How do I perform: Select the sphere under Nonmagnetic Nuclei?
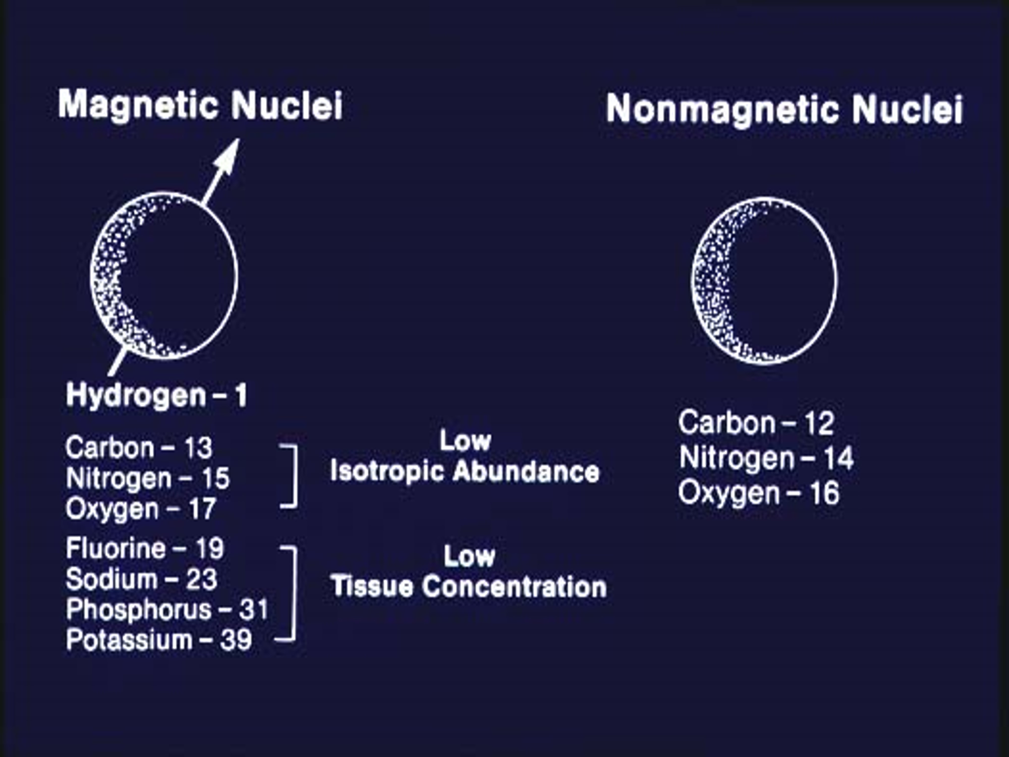coord(765,281)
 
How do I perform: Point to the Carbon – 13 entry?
coord(139,448)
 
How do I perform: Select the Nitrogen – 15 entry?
coord(147,478)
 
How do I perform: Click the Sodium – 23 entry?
coord(142,579)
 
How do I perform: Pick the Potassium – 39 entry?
coord(159,640)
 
